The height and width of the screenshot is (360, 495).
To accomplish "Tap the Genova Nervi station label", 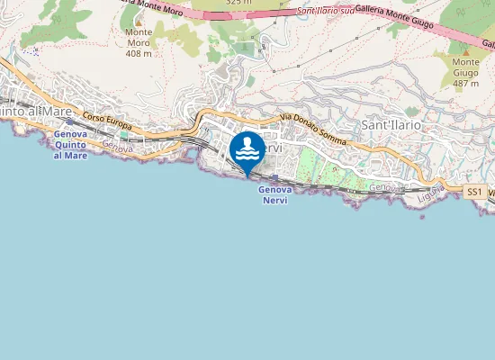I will tap(275, 194).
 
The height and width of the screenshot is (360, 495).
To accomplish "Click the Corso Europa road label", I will tap(107, 119).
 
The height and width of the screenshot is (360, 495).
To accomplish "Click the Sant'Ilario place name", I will tap(391, 125).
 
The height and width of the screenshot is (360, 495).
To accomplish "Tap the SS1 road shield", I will tap(475, 192).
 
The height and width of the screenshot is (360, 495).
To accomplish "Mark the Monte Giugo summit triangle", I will tap(465, 49).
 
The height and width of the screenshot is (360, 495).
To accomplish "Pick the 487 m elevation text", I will tap(465, 84).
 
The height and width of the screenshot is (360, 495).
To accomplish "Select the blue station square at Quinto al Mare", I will tap(69, 121).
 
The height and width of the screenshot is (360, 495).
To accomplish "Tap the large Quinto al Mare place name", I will tap(36, 111).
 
